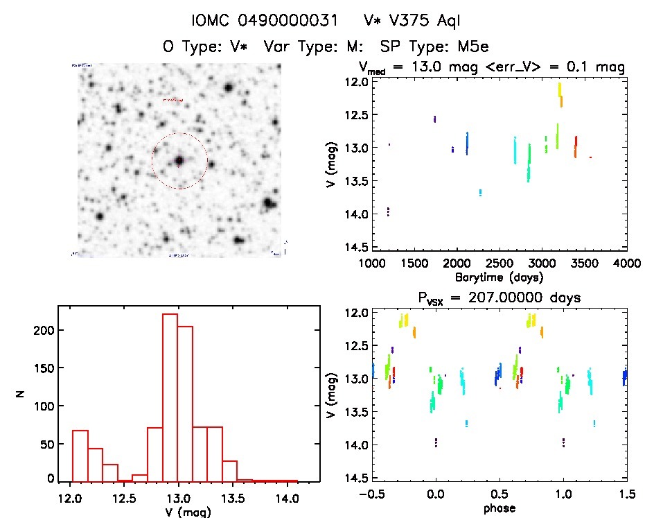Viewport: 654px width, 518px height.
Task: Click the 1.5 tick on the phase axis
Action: click(627, 494)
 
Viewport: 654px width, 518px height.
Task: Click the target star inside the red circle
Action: click(179, 161)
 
